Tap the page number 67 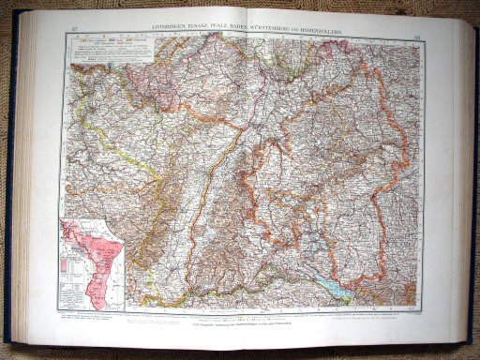74,34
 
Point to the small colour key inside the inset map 69,259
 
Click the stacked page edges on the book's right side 455,178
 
